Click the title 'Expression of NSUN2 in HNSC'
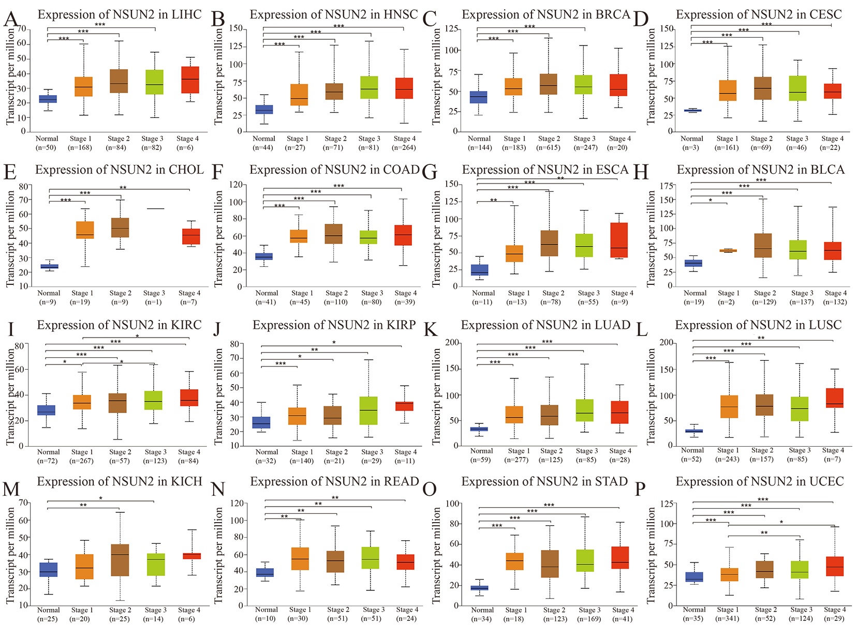click(334, 14)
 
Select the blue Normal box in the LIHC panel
click(48, 99)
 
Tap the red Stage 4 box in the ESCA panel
click(618, 240)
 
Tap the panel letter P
click(640, 489)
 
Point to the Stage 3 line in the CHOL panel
click(154, 208)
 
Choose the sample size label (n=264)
click(405, 147)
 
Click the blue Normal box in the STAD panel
click(479, 588)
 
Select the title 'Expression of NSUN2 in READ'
click(334, 481)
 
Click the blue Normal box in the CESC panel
click(692, 110)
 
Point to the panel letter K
click(430, 329)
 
